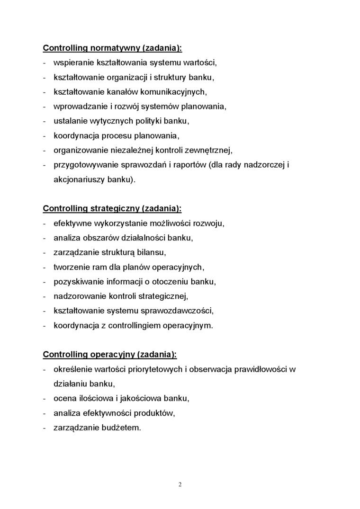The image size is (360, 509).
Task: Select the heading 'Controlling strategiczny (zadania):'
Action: (112, 208)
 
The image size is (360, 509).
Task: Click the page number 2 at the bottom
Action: (180, 484)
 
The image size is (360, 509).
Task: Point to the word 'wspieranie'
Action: (73, 63)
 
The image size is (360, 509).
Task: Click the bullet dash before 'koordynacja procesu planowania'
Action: (44, 136)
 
